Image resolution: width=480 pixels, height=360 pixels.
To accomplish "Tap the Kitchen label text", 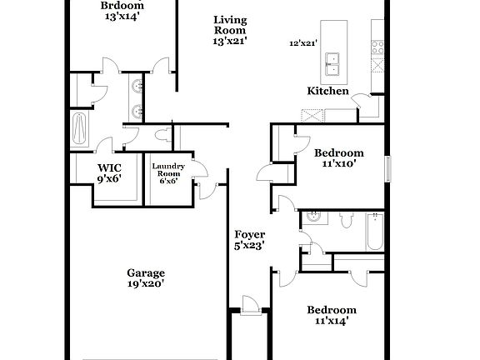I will point(328,91).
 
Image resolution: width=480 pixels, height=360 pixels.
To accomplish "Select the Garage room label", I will point(145,272).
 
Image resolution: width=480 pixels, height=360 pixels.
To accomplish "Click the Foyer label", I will point(249,234).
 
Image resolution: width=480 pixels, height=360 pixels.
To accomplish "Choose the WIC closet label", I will point(110,167).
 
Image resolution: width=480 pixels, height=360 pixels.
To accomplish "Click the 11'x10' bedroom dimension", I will point(338,164).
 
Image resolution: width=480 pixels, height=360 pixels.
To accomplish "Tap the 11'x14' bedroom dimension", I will point(331,320).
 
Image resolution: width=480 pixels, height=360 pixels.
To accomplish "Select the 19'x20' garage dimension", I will point(145,284).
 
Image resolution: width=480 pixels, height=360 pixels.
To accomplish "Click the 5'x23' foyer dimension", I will point(249,246).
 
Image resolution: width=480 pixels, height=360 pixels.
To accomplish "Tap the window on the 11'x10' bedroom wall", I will point(387,167).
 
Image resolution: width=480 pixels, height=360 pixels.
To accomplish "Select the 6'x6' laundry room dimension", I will point(167,182).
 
